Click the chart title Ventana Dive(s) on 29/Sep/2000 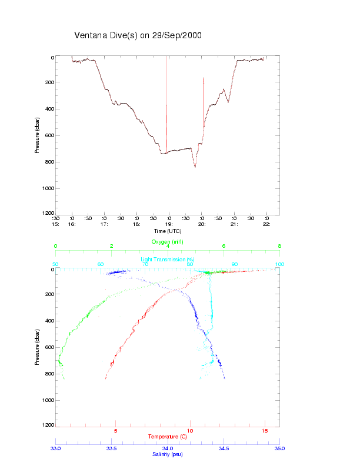click(x=138, y=35)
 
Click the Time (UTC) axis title click(x=167, y=231)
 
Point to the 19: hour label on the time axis click(x=168, y=224)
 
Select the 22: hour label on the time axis click(x=266, y=224)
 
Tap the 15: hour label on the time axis click(x=55, y=224)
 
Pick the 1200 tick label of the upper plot click(x=48, y=214)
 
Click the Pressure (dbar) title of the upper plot click(x=37, y=135)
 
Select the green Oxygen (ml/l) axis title click(x=168, y=241)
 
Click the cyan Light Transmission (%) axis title click(x=168, y=260)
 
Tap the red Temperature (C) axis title click(x=168, y=437)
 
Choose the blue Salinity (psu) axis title click(x=168, y=454)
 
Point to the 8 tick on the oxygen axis click(x=279, y=247)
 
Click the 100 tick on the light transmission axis click(x=279, y=264)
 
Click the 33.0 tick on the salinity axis click(x=56, y=448)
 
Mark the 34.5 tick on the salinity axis click(x=224, y=448)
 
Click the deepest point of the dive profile click(x=195, y=167)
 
